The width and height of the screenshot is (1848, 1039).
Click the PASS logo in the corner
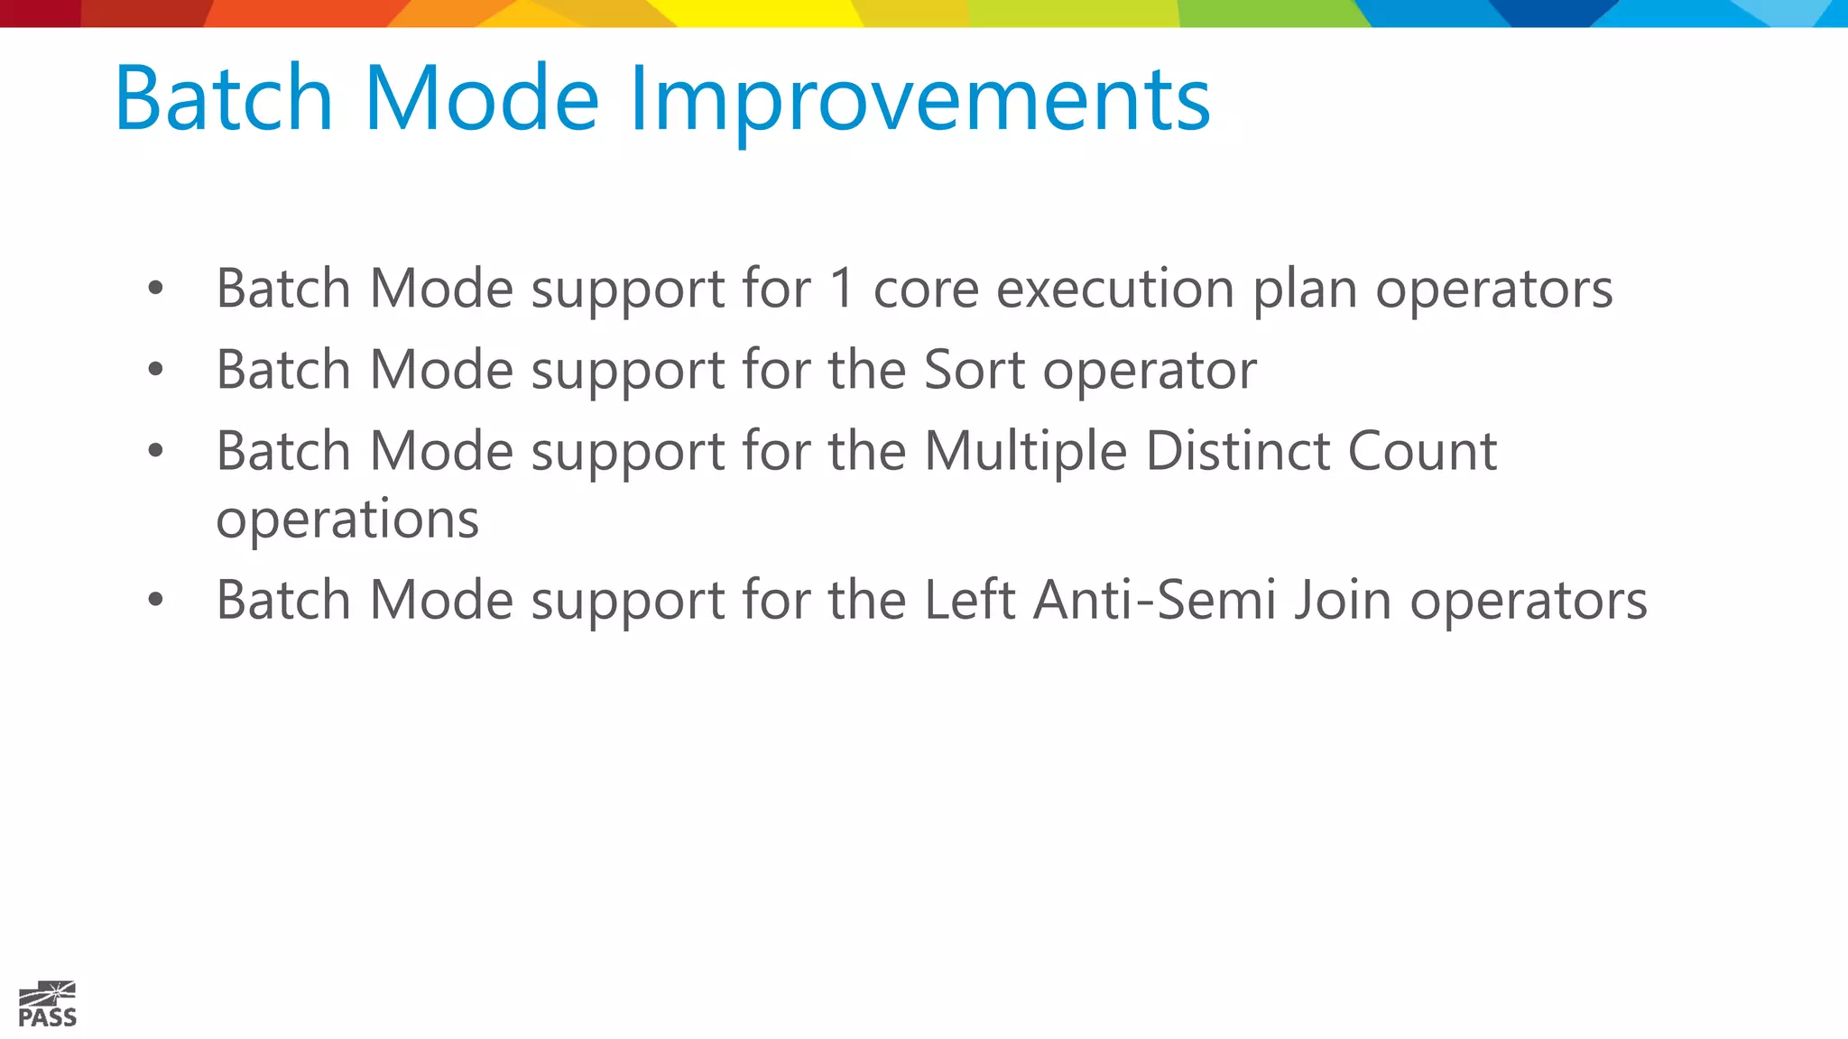47,1005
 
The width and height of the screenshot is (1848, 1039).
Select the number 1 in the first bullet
841,289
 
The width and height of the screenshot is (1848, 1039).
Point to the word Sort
975,370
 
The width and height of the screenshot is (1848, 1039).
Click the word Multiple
1025,451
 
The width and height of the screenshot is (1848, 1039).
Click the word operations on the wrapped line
347,520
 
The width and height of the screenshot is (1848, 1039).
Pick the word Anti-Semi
1153,600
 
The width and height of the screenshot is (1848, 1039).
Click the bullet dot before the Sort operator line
156,369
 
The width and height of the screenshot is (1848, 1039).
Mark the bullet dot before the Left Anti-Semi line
156,599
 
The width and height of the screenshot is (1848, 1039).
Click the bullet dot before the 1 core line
156,288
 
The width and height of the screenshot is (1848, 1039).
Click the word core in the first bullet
926,290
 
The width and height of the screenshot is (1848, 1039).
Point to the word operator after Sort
1150,372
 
